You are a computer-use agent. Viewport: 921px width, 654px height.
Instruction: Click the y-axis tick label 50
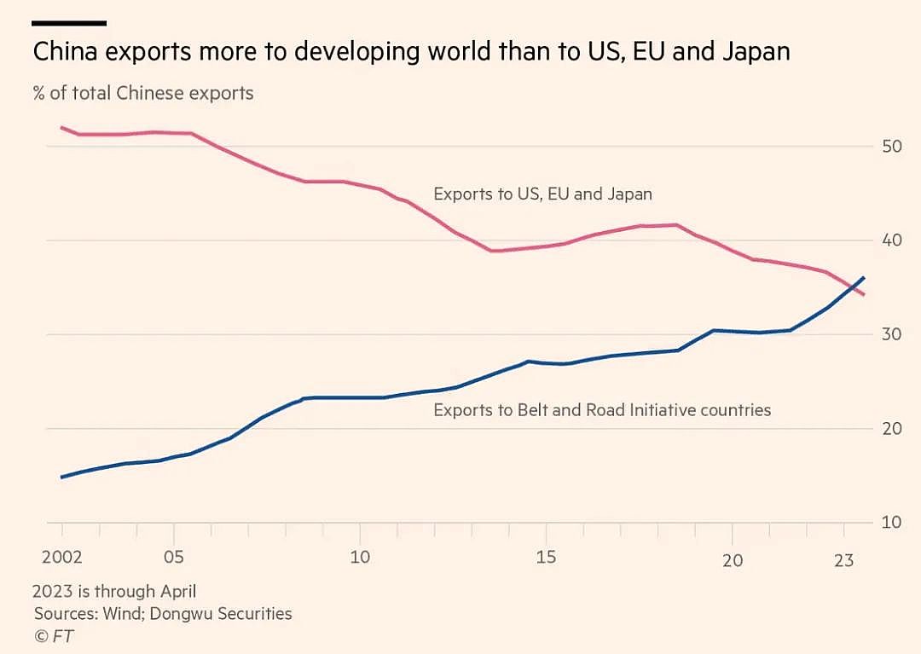coord(891,147)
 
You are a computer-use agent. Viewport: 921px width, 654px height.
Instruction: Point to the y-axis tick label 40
coord(891,240)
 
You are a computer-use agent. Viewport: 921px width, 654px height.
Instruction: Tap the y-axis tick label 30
coord(891,334)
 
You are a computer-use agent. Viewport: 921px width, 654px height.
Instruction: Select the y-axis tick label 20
coord(891,428)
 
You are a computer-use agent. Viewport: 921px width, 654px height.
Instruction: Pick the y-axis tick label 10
coord(891,522)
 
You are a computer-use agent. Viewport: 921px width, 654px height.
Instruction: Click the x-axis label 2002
coord(62,558)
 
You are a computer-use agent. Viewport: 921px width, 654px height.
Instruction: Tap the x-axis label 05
coord(173,558)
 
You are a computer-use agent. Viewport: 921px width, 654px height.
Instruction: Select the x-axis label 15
coord(546,558)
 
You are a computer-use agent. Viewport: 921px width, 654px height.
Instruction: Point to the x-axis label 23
coord(844,558)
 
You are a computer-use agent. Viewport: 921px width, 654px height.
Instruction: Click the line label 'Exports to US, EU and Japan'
coord(542,194)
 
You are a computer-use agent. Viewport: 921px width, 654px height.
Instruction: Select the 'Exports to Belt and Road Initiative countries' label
coord(602,410)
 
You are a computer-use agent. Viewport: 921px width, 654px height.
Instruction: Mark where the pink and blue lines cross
coord(854,286)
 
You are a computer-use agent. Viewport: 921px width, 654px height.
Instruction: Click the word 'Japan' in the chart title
coord(754,52)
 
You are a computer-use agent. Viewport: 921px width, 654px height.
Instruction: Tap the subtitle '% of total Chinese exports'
coord(143,93)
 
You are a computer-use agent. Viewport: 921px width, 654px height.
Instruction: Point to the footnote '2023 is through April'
coord(114,591)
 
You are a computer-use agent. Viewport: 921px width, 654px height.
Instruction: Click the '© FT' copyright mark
coord(53,635)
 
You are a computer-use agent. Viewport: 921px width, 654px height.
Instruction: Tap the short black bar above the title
coord(70,23)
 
